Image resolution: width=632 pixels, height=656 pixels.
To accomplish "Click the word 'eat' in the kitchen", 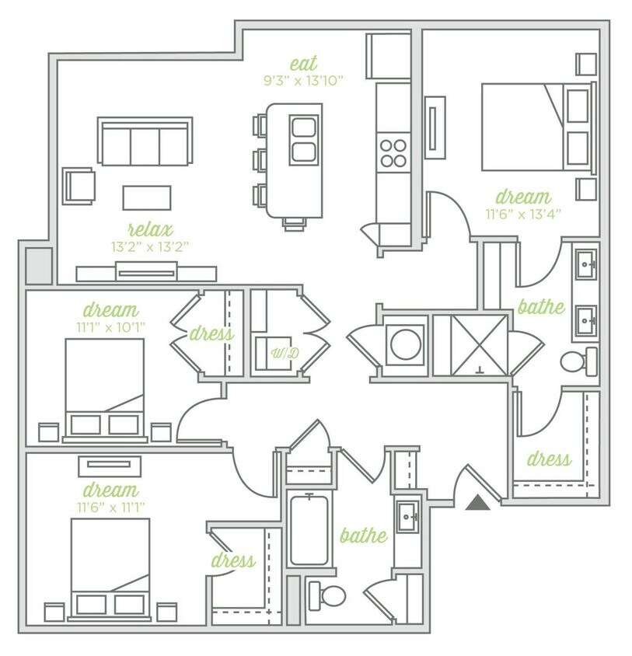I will point(303,63).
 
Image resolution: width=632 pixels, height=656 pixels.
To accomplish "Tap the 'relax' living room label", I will point(150,229).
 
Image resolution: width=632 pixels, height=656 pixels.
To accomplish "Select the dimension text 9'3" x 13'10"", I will point(303,79).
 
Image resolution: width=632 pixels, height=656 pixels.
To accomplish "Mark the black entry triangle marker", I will point(478,503).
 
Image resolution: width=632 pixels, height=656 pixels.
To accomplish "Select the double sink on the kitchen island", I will point(304,139).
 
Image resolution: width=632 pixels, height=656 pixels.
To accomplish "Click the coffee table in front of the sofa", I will point(146,197).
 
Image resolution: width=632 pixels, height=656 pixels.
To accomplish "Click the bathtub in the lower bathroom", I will point(309,529).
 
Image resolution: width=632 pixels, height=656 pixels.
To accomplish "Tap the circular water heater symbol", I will point(406,344).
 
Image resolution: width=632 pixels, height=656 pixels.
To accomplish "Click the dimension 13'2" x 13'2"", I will point(150,246).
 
